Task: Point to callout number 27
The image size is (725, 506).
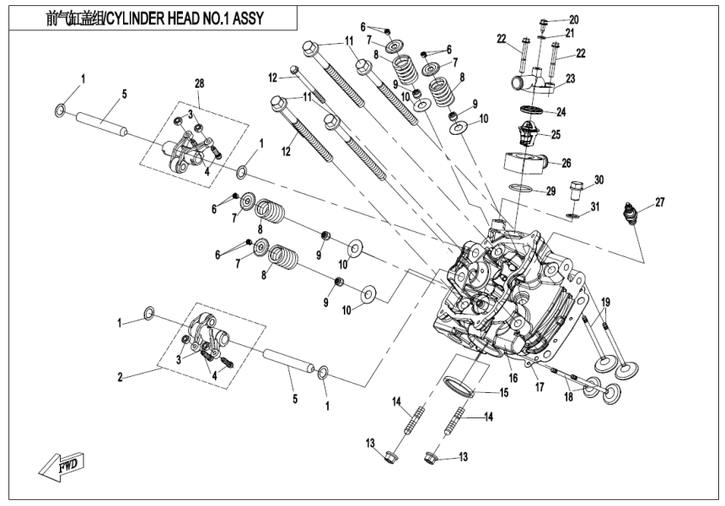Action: click(660, 201)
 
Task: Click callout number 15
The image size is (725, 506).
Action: click(503, 392)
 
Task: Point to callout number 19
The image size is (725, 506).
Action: click(605, 302)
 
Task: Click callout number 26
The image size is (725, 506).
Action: click(566, 163)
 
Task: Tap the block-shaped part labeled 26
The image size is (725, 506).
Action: click(522, 163)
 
